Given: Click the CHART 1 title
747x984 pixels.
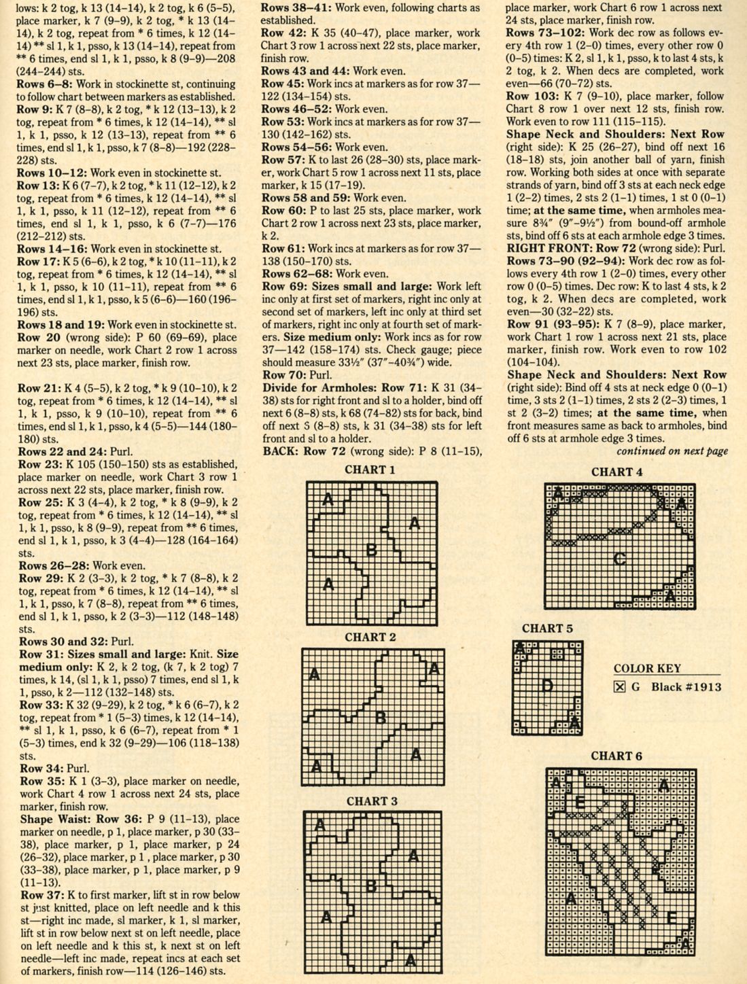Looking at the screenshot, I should (x=370, y=470).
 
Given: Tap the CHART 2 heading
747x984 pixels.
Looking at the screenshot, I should (x=370, y=637).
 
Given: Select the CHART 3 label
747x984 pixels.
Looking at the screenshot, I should (x=372, y=801).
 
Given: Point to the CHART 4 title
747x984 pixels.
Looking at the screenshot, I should (x=616, y=472).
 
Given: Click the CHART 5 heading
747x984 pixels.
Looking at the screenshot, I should (x=547, y=628).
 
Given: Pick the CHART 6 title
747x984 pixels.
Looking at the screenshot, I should (x=616, y=756).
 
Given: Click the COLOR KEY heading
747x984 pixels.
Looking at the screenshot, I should (x=647, y=668).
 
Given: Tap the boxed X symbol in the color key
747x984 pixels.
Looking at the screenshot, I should (x=619, y=686).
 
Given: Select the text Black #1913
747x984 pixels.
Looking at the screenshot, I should (x=687, y=686).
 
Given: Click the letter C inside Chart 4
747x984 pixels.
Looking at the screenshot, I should (x=619, y=559).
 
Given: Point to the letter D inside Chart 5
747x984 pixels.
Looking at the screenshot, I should (x=546, y=686).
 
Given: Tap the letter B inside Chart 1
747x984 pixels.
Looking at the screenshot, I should (x=371, y=549).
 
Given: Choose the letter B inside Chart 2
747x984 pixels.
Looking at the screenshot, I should (x=381, y=717).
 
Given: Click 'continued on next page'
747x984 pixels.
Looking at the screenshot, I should (x=672, y=451).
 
